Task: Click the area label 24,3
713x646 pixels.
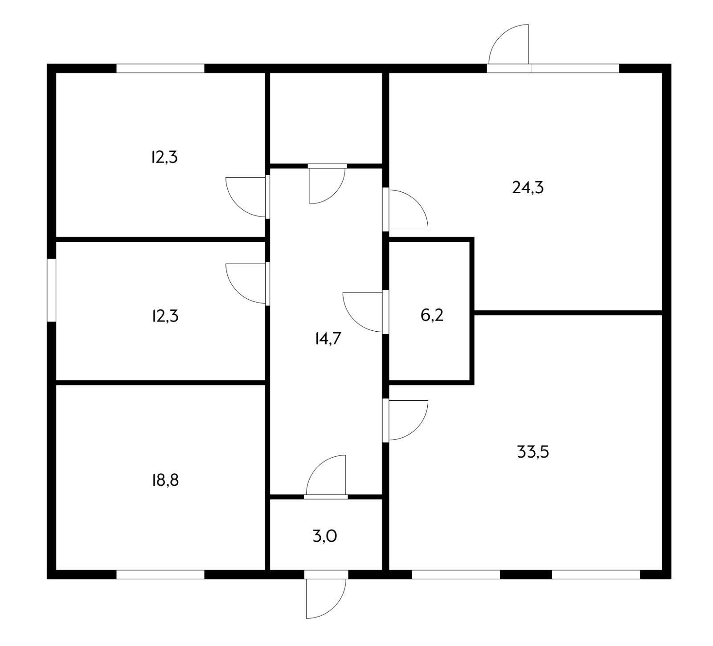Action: (x=528, y=188)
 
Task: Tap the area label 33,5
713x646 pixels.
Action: (x=533, y=452)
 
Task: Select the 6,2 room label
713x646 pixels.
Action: (x=432, y=316)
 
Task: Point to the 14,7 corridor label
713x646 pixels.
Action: (x=328, y=339)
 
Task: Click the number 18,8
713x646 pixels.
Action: (x=165, y=480)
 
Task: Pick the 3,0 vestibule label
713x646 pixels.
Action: (x=325, y=536)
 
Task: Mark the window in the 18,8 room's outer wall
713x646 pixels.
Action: (x=160, y=574)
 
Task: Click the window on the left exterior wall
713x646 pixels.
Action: (x=52, y=290)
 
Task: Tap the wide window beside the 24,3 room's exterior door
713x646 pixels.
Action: (x=575, y=68)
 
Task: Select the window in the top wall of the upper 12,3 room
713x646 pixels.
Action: (x=160, y=68)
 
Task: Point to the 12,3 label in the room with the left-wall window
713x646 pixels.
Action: (x=165, y=316)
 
